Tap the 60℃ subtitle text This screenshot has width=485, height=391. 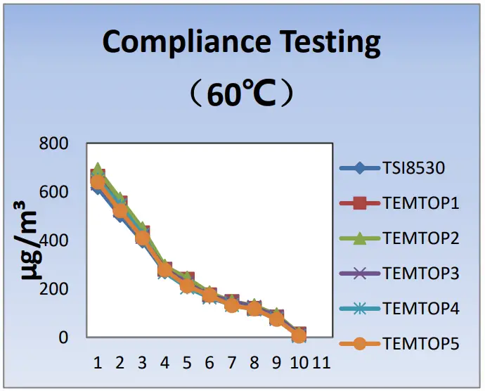click(241, 94)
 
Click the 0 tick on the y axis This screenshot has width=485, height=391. click(63, 338)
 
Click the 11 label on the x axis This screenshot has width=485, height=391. click(321, 363)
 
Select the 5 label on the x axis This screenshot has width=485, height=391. click(187, 363)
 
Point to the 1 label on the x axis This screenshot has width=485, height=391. click(98, 363)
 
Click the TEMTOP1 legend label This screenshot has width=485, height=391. click(421, 203)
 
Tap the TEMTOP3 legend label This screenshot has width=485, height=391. click(421, 273)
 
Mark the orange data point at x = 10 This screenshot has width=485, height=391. click(299, 335)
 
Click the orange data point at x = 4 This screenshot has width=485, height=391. click(164, 269)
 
